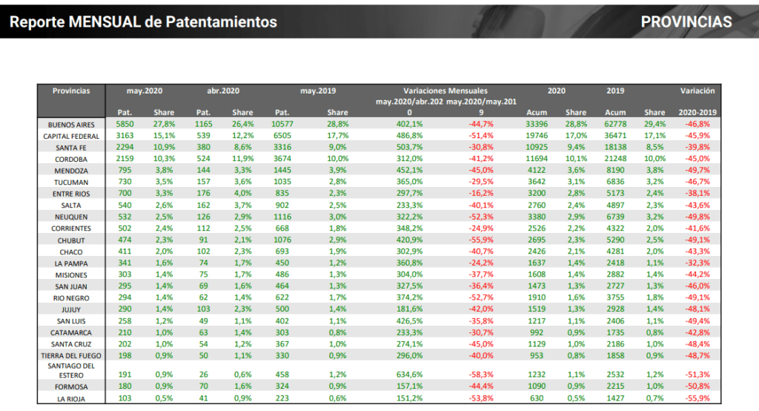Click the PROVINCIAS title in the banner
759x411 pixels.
tap(686, 22)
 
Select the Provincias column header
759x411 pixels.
tap(71, 91)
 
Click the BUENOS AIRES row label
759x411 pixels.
tap(71, 125)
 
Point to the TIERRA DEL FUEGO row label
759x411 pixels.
tap(71, 356)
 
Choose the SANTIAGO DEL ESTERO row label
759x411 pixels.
tap(71, 371)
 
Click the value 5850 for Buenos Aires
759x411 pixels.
tap(125, 124)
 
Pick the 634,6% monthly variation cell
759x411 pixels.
tap(409, 375)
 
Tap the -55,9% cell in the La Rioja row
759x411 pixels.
tap(697, 398)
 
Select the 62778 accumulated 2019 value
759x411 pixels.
tap(615, 124)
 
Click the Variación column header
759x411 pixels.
tap(697, 91)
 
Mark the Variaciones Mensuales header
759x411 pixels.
tap(445, 91)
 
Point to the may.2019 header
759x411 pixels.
tap(318, 91)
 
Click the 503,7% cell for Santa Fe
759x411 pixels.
tap(409, 147)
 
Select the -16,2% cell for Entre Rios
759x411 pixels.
tap(481, 193)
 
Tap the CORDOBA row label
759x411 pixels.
tap(71, 160)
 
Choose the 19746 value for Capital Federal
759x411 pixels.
tap(537, 136)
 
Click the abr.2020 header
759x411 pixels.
tap(223, 91)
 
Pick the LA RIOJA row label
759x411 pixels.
tap(71, 399)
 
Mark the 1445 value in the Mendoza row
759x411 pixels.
tap(282, 170)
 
